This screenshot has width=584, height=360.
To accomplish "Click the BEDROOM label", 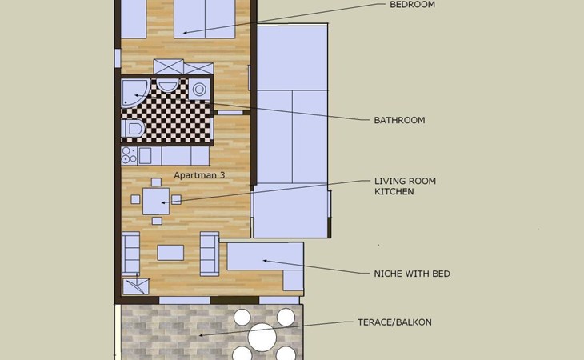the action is [412, 5].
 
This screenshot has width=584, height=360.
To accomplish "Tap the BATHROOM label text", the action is [399, 120].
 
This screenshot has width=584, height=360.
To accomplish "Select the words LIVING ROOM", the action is [405, 182].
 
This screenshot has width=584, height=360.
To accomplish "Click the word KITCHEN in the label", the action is [394, 192].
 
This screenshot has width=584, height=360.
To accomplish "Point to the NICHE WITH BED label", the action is [412, 274].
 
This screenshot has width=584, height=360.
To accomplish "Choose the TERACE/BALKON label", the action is [394, 322].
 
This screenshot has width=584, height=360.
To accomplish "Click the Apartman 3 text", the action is [199, 175].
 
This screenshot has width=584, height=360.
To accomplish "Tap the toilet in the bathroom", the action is [133, 129].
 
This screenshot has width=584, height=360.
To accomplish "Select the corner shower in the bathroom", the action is [135, 93].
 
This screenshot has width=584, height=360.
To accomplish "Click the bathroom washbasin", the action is [167, 86].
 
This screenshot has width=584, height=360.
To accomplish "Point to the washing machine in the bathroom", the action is [199, 90].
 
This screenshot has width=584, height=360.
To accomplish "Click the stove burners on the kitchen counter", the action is [130, 155].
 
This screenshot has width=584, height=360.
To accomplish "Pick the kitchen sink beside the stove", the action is [145, 156].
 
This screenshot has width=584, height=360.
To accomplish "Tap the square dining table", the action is [156, 202].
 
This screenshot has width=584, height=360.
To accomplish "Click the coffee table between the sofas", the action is [170, 253].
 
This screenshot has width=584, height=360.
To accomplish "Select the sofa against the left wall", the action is [130, 254].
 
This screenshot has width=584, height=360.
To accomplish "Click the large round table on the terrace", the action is [262, 337].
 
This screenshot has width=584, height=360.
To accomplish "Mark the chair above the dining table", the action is [156, 182].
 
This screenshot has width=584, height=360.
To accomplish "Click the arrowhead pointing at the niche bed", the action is [265, 261].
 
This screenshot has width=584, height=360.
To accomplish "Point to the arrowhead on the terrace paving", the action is [201, 335].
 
